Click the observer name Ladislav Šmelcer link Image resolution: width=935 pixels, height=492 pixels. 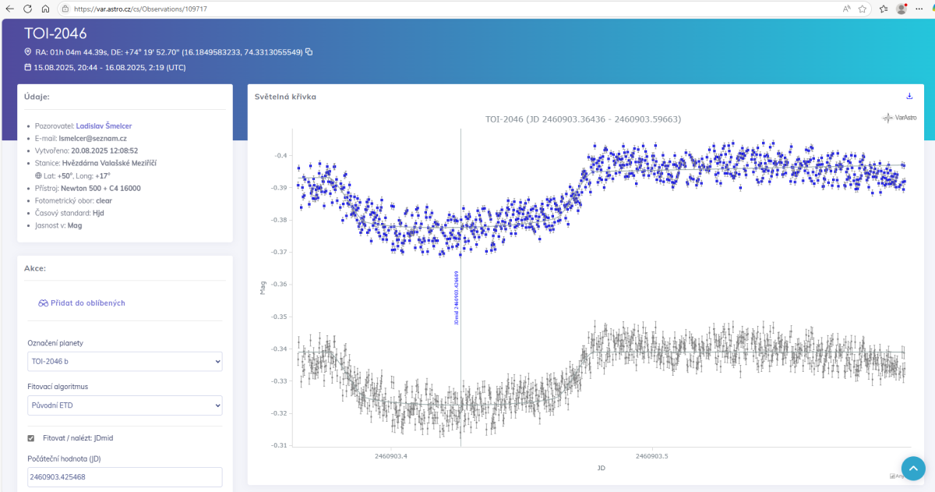pos(104,126)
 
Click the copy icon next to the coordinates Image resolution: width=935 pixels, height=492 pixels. pos(309,52)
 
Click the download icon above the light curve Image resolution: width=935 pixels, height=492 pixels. pos(909,97)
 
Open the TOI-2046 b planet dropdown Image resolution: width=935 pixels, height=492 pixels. pos(125,362)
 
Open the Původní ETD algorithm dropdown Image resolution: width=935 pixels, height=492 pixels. pos(125,405)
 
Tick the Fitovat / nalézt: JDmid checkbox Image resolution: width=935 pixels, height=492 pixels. pos(31,438)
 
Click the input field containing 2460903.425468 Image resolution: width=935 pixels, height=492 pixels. pos(125,477)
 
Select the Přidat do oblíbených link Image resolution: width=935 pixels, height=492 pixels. pos(82,303)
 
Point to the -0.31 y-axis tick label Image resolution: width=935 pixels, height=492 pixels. pos(278,445)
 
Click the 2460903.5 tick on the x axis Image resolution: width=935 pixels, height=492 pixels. pos(652,456)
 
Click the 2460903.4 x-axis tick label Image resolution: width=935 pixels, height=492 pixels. pos(391,456)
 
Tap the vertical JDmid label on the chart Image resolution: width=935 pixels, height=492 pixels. pos(457,298)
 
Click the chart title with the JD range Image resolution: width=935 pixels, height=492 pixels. pos(583,119)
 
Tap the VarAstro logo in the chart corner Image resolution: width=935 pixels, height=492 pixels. pos(900,118)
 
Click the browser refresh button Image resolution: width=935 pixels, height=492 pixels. pos(27,9)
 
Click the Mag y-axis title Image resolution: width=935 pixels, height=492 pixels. pos(263,288)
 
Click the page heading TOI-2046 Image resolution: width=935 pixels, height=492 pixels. pos(55,34)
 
